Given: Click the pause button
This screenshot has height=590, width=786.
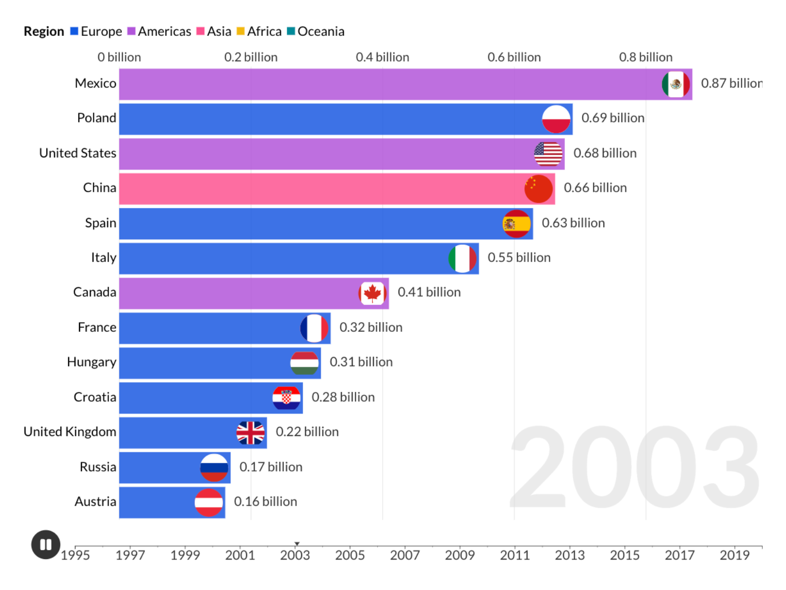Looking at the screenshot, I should coord(46,544).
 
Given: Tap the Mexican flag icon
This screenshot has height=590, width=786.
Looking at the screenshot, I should coord(675,84).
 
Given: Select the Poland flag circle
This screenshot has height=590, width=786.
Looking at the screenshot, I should coord(556,119).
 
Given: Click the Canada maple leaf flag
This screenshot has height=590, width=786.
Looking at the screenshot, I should coord(372,294).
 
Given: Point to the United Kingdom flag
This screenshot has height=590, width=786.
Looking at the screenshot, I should coord(251,433).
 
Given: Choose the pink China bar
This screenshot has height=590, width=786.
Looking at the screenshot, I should coord(319,189).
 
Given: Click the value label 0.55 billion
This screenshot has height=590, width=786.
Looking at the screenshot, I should coord(519,258).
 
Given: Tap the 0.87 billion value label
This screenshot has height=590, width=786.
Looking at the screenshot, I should coord(731,84).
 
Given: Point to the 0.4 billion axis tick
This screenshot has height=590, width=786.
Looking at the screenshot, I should coord(382,58).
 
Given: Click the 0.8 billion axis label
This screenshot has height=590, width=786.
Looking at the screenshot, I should coord(646,58).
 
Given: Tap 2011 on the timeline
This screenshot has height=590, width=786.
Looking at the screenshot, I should coord(515,555).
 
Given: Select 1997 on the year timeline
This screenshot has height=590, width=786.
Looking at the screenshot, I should coord(130,555).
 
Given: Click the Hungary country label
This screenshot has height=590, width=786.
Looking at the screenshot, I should coord(92,362).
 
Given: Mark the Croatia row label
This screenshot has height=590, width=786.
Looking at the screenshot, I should coord(95,397).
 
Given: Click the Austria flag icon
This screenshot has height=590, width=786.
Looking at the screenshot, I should coord(209,502).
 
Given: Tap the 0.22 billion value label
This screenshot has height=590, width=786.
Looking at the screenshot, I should coord(307,432).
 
